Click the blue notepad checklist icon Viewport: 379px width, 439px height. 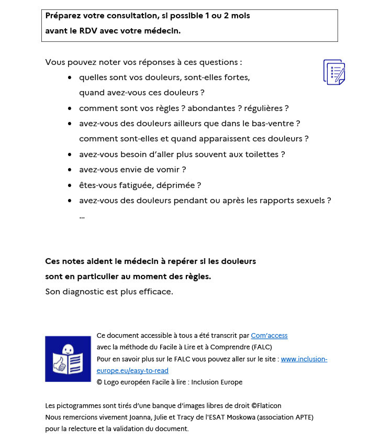click(334, 72)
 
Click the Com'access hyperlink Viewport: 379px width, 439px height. click(269, 336)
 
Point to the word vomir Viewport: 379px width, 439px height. click(172, 170)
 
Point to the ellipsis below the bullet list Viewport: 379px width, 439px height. click(82, 216)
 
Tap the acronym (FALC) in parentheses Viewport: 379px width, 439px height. click(258, 347)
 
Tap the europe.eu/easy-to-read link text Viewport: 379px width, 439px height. click(132, 370)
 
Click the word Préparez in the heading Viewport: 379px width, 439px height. click(63, 16)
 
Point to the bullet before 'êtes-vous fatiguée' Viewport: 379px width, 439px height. click(70, 185)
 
